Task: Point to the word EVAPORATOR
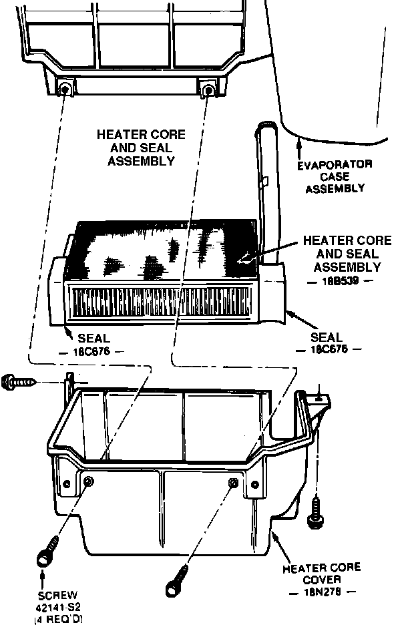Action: pyautogui.click(x=336, y=165)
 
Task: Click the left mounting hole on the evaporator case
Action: pyautogui.click(x=65, y=90)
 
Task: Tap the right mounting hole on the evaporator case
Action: pyautogui.click(x=208, y=89)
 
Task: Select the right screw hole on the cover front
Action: pyautogui.click(x=233, y=482)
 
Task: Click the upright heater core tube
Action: pyautogui.click(x=268, y=187)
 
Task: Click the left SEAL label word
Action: pyautogui.click(x=94, y=339)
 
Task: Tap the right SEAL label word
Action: pyautogui.click(x=327, y=337)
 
